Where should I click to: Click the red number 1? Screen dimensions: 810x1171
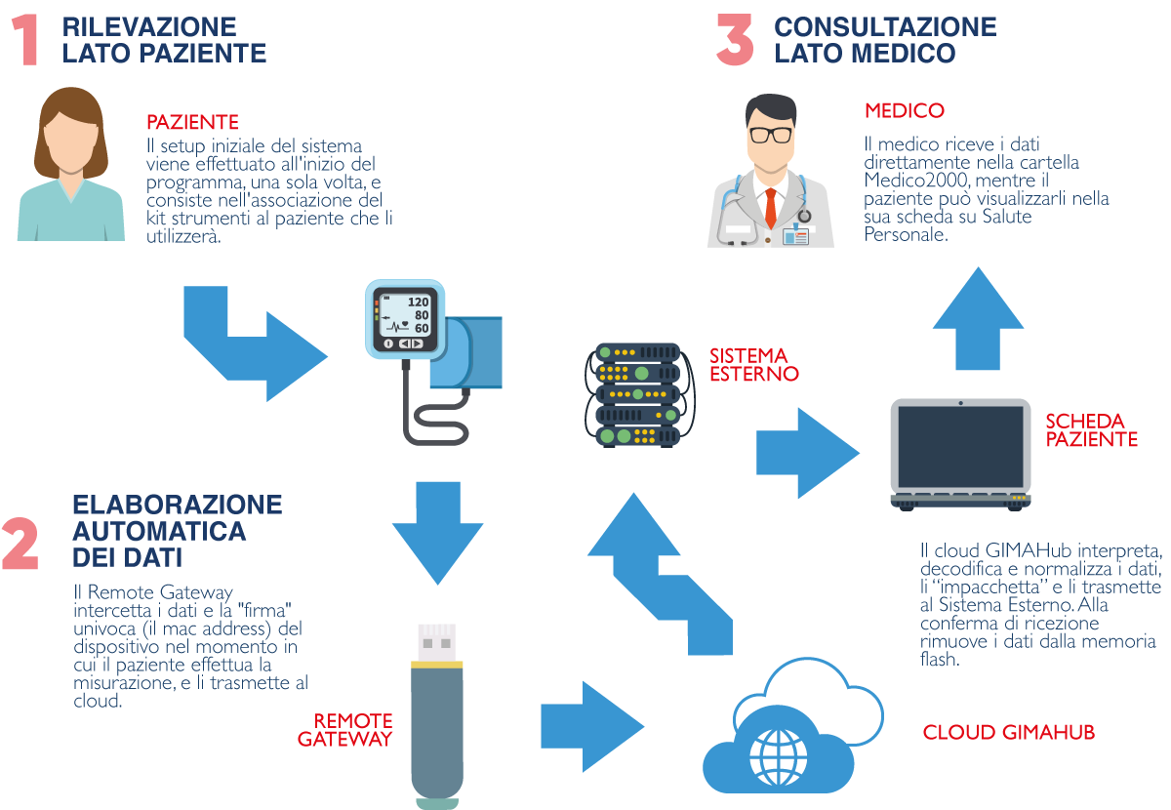pyautogui.click(x=26, y=40)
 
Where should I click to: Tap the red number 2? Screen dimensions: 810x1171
pyautogui.click(x=20, y=544)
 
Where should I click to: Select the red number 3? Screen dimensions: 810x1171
pyautogui.click(x=735, y=40)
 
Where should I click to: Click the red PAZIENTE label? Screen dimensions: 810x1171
pyautogui.click(x=192, y=123)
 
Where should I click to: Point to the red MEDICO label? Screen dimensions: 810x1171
pyautogui.click(x=904, y=110)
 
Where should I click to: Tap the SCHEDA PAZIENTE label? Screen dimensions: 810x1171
pyautogui.click(x=1091, y=430)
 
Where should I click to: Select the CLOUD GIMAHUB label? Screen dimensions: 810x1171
pyautogui.click(x=1007, y=732)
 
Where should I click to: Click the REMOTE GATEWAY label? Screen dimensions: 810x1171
pyautogui.click(x=345, y=730)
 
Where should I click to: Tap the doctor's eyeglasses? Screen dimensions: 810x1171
pyautogui.click(x=771, y=134)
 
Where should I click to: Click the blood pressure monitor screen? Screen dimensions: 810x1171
pyautogui.click(x=405, y=314)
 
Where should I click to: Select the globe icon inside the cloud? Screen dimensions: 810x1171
pyautogui.click(x=778, y=752)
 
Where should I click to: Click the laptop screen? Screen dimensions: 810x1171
pyautogui.click(x=960, y=444)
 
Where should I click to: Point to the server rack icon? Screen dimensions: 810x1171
pyautogui.click(x=637, y=394)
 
